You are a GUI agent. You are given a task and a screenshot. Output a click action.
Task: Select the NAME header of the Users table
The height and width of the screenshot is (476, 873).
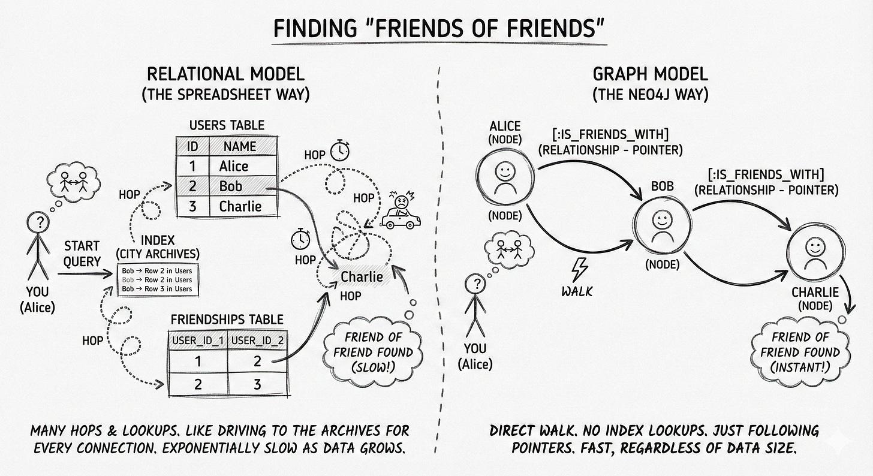[240, 146]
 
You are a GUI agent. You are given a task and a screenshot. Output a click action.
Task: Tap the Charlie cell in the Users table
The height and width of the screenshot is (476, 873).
[240, 206]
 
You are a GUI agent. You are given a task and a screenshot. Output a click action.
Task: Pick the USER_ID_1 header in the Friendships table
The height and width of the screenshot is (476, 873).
[197, 341]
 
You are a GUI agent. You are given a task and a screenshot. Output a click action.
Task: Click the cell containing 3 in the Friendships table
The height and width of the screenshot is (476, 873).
[257, 384]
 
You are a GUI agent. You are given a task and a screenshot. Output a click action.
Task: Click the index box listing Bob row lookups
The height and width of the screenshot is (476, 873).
[157, 279]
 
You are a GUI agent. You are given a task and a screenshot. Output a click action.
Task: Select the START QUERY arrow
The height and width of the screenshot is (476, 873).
[85, 275]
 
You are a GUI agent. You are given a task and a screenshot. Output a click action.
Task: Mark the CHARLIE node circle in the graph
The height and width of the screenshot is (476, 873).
[814, 251]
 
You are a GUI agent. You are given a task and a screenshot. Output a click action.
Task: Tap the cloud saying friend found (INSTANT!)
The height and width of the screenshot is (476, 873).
[800, 353]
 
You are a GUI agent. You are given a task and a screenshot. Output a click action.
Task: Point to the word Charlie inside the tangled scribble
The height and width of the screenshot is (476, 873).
[362, 276]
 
